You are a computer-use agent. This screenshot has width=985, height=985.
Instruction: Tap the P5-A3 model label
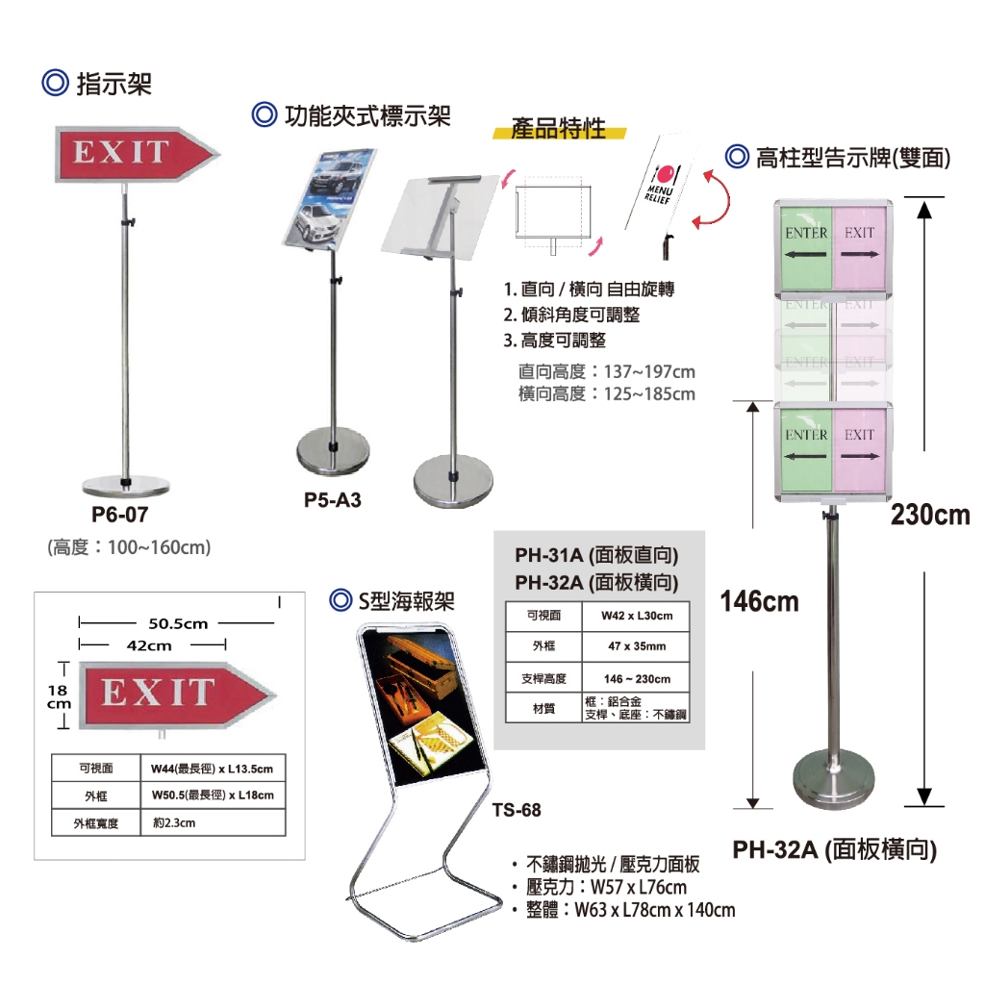point(332,500)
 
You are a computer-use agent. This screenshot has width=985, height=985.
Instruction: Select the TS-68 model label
point(517,810)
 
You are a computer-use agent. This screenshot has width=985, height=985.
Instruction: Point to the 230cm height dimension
point(929,515)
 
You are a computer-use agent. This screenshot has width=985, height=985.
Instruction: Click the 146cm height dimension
point(760,602)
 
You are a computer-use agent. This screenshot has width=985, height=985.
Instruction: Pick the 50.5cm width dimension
point(178,623)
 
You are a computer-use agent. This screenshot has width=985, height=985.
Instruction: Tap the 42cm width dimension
point(148,645)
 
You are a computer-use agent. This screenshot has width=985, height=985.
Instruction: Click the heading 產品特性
point(559,128)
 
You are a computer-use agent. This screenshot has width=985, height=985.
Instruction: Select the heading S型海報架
point(405,602)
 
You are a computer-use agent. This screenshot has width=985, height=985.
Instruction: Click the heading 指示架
point(114,84)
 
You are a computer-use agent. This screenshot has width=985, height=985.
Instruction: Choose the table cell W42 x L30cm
point(636,616)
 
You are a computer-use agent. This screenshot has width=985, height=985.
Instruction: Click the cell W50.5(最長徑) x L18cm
point(213,796)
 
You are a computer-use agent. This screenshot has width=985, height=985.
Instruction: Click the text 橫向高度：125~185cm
point(606,393)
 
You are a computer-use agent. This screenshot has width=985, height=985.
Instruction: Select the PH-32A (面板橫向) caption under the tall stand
point(834,849)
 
